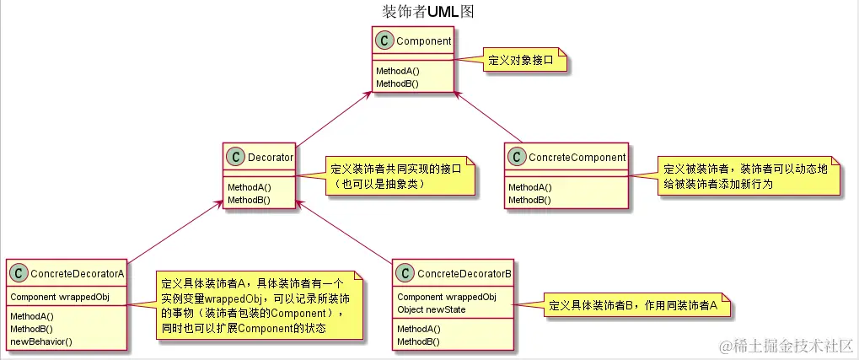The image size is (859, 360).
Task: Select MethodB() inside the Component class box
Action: [x=398, y=83]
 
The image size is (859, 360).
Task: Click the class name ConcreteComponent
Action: [x=577, y=157]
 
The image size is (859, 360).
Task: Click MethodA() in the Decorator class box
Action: [x=250, y=186]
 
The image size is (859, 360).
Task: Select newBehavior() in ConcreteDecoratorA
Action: [x=40, y=341]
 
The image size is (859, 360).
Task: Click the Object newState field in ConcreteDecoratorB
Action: [x=432, y=309]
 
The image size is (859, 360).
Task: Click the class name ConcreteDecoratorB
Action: [x=464, y=273]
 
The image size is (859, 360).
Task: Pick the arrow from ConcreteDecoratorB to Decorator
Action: [x=346, y=231]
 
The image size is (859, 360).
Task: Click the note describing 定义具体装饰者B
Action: [x=632, y=305]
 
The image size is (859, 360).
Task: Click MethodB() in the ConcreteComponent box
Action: [x=529, y=200]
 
